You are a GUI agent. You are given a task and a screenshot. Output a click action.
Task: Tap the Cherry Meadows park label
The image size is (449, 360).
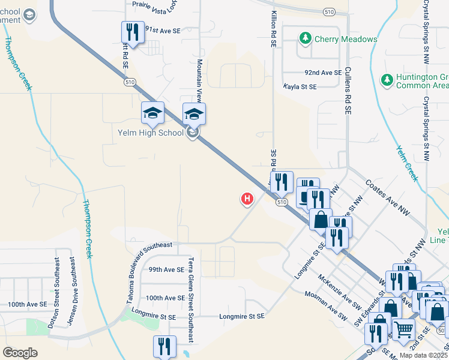[x=340, y=39]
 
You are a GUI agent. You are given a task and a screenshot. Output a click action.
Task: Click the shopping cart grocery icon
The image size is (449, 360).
[x=403, y=328]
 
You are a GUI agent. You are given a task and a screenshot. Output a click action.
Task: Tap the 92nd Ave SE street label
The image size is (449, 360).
[x=322, y=72]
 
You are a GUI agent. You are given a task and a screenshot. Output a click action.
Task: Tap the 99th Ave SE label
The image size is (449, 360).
[x=166, y=269]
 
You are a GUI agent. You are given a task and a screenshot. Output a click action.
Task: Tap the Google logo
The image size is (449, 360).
[x=20, y=353]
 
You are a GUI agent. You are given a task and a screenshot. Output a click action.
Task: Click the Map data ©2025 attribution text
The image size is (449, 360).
[x=423, y=355]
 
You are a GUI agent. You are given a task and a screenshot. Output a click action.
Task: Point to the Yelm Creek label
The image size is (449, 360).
[x=406, y=163]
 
